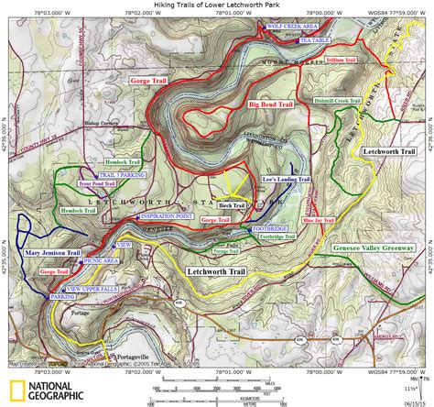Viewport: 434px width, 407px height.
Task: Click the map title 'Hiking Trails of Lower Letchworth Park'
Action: [x=217, y=5]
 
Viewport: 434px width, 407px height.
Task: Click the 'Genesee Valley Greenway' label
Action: [x=377, y=248]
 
